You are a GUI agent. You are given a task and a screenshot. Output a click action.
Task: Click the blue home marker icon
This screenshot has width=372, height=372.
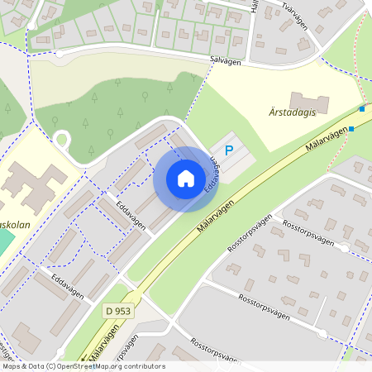point(186,178)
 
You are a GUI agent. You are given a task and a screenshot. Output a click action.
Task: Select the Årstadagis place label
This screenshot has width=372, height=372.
point(293,113)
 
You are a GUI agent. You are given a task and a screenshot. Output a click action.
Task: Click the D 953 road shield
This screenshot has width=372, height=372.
point(118,310)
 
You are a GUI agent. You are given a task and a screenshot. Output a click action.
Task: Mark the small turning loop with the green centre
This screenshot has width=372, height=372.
point(61,139)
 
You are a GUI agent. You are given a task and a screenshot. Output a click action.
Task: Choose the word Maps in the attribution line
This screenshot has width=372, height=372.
point(12,366)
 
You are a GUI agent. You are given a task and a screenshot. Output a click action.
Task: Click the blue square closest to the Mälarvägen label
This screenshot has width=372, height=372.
point(351,128)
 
